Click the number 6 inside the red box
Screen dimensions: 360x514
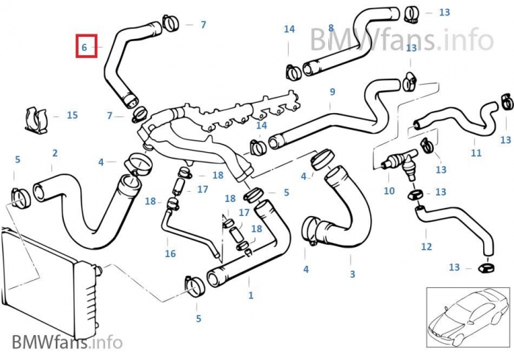pyautogui.click(x=84, y=47)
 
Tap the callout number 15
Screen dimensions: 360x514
pyautogui.click(x=72, y=115)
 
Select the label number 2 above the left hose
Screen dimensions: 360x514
pyautogui.click(x=54, y=154)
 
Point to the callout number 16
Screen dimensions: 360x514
pyautogui.click(x=170, y=253)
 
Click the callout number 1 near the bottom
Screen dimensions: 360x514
pyautogui.click(x=251, y=295)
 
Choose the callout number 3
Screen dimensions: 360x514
pyautogui.click(x=352, y=274)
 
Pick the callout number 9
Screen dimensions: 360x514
pyautogui.click(x=333, y=92)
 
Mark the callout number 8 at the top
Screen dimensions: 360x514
pyautogui.click(x=331, y=28)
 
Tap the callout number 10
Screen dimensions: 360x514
pyautogui.click(x=389, y=191)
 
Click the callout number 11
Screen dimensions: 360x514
pyautogui.click(x=477, y=153)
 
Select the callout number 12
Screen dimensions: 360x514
pyautogui.click(x=427, y=247)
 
